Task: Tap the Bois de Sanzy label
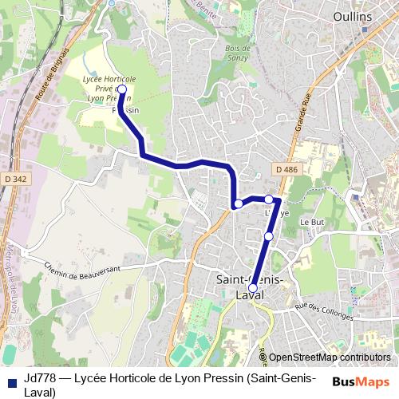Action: coord(239,53)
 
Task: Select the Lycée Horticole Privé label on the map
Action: coord(109,88)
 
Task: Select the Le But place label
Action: coord(310,222)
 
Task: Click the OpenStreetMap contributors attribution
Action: coord(330,358)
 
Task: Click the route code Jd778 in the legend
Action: coord(38,378)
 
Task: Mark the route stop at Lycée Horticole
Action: coord(122,90)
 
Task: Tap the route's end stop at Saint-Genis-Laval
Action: coord(253,289)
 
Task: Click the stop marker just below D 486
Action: coord(269,199)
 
